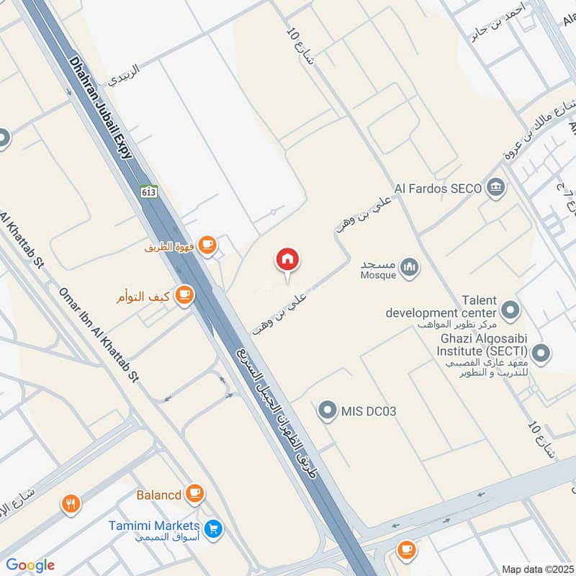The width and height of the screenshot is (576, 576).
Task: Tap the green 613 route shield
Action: coord(149,192)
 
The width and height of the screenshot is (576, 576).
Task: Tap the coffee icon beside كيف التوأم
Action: coord(185,295)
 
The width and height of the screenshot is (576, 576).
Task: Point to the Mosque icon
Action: coord(410,269)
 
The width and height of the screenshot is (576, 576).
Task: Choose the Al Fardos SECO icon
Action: coord(496,188)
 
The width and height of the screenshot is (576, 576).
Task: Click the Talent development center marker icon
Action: coord(510,310)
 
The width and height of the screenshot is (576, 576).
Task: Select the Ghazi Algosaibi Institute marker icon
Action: coord(541,353)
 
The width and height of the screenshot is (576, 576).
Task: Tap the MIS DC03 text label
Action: coord(369,412)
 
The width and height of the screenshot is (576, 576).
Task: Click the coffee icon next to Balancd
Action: coord(194,494)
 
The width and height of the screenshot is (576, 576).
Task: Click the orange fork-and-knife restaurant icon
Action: coord(70,504)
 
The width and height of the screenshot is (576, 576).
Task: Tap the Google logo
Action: coord(30,565)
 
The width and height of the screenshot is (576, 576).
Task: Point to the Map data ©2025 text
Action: coord(536,570)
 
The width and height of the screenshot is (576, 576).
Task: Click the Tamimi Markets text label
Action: coord(154,526)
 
